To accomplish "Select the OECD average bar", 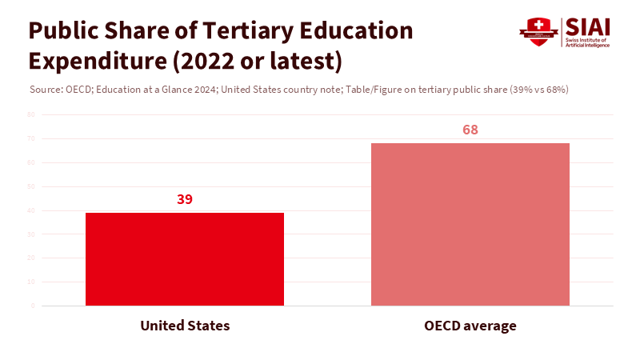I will (x=470, y=224).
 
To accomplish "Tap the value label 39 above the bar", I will (x=185, y=199).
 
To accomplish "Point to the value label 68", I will (x=470, y=130).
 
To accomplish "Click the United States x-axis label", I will (x=185, y=326).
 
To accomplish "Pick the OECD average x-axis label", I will (x=470, y=326).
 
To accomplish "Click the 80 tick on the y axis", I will (x=31, y=114).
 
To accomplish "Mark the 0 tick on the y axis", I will (x=33, y=306).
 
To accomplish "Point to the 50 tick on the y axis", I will (x=31, y=186).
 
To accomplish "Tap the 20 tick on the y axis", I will (x=31, y=258).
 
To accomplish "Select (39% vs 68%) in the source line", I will (x=539, y=89).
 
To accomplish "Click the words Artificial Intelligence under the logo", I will (x=587, y=45).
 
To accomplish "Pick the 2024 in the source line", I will (x=206, y=89).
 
